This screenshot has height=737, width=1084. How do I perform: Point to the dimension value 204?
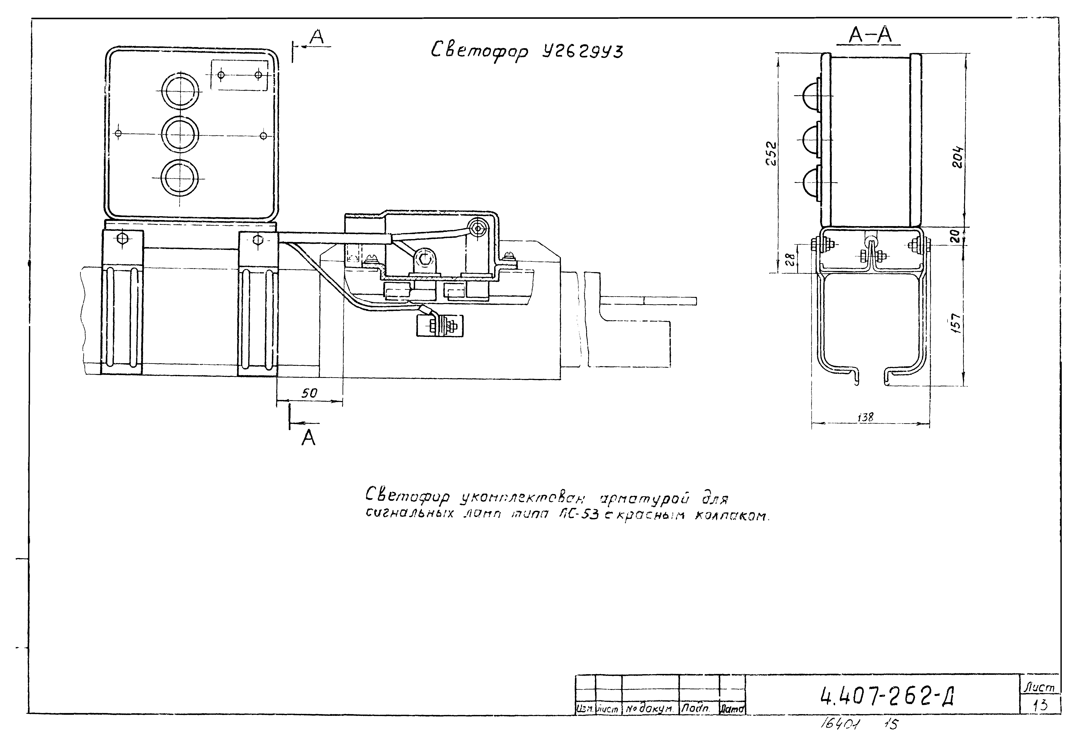point(957,158)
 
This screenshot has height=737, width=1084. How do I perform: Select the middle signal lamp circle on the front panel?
point(180,134)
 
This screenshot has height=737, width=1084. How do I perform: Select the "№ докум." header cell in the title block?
point(650,710)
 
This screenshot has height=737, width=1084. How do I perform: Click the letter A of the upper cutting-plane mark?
point(317,37)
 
